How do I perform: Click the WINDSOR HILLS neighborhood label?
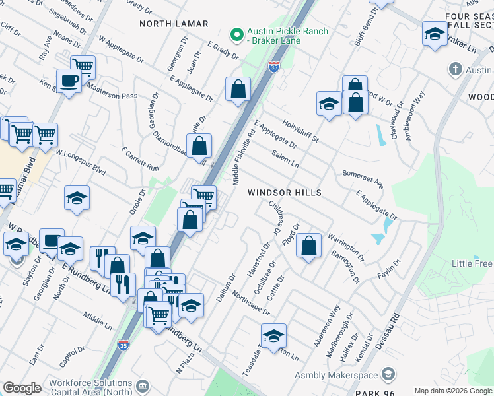[x=285, y=193]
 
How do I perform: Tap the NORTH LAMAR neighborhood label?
[x=174, y=24]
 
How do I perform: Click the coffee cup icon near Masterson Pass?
[x=69, y=82]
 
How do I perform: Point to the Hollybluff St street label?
[x=300, y=131]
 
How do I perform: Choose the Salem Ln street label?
[x=285, y=159]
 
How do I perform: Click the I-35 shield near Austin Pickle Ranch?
[x=274, y=67]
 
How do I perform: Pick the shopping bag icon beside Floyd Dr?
[x=308, y=246]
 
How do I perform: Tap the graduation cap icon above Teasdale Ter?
[x=273, y=336]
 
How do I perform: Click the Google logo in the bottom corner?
[x=22, y=388]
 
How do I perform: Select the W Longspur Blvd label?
[x=81, y=162]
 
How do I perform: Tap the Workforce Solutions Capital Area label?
[x=90, y=388]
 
